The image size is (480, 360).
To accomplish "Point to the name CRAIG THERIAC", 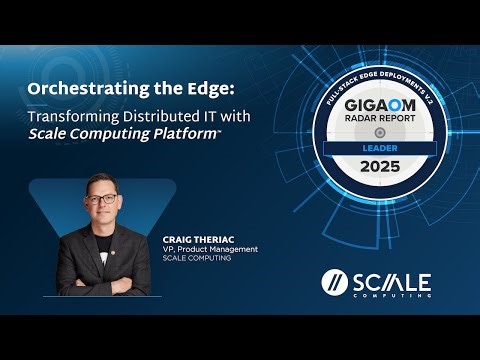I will [197, 240].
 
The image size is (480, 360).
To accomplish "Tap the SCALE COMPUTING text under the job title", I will [195, 258].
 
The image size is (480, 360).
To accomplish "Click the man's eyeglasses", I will [100, 199].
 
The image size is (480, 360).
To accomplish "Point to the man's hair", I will [100, 180].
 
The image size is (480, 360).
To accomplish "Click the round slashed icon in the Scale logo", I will [333, 282].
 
